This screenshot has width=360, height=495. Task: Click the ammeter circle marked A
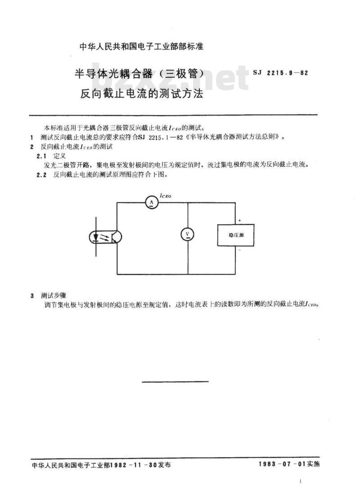click(x=151, y=202)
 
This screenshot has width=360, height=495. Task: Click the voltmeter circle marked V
click(x=188, y=234)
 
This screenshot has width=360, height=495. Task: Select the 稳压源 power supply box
click(x=235, y=235)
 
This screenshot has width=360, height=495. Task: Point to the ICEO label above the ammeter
click(x=166, y=196)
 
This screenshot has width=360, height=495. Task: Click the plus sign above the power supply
click(x=239, y=220)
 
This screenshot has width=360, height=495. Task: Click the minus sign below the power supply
click(x=239, y=250)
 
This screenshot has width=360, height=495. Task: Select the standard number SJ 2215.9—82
click(x=280, y=73)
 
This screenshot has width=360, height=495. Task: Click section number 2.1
click(x=41, y=156)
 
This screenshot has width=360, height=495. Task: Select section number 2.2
click(x=41, y=175)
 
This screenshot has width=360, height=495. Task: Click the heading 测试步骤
click(x=54, y=296)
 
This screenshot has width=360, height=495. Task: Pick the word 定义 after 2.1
click(x=60, y=156)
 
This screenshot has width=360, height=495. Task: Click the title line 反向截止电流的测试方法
click(x=141, y=94)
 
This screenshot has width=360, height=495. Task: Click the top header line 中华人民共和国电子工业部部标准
click(x=141, y=47)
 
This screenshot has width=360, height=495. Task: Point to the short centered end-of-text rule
click(x=175, y=381)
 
